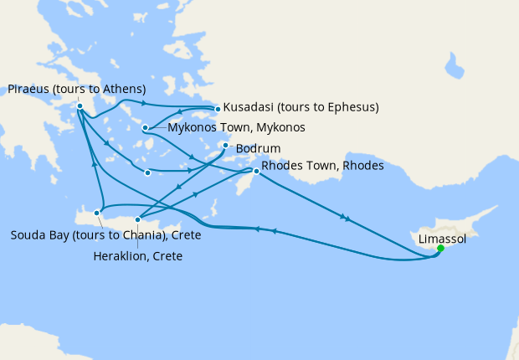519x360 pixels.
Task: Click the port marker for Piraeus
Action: (79, 106)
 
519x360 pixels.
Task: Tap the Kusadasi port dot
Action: (218, 109)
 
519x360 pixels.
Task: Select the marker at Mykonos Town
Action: (146, 128)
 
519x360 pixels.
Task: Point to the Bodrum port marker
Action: (225, 146)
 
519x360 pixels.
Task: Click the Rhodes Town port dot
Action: (257, 171)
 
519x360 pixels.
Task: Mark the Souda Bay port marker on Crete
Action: (97, 213)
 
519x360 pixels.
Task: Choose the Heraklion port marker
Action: (138, 219)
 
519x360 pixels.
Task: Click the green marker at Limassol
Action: (440, 248)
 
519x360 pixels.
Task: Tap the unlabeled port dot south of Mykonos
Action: (147, 173)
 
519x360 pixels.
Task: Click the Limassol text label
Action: (441, 238)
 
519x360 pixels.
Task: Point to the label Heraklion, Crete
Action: (138, 256)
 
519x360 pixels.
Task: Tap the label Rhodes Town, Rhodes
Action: (322, 167)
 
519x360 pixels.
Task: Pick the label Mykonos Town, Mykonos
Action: (236, 128)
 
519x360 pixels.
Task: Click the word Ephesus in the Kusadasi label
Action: (349, 107)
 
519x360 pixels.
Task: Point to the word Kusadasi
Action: (250, 107)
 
